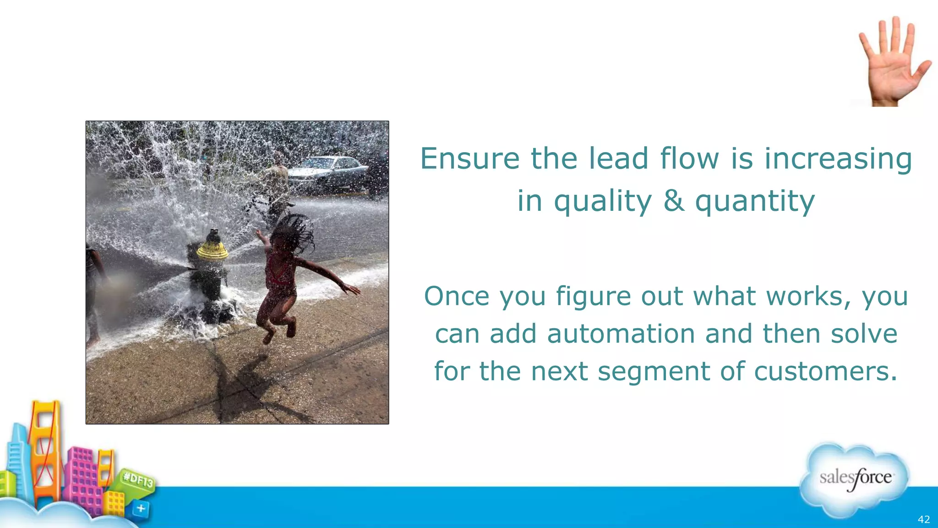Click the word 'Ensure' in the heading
coord(469,159)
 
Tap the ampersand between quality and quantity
coord(674,201)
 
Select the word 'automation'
coord(621,334)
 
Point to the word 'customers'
coord(825,371)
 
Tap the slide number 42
coord(924,519)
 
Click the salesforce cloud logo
coord(855,479)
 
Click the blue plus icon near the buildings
coord(141,508)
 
